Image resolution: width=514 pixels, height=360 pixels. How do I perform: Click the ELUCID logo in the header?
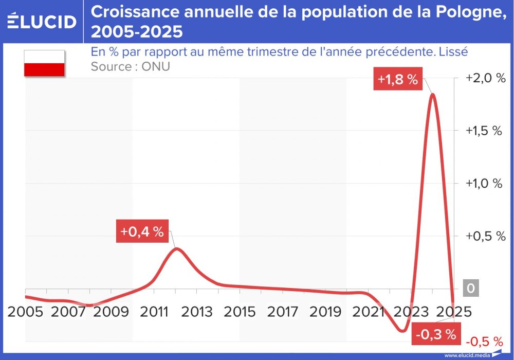tap(42, 22)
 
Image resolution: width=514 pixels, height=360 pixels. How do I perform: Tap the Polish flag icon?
tap(44, 63)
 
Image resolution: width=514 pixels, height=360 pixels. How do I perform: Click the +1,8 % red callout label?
tap(397, 80)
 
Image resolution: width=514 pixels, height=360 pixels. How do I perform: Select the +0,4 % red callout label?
tap(142, 231)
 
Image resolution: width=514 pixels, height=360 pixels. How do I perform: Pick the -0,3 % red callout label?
tap(436, 334)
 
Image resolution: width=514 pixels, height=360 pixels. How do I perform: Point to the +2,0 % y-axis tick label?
tap(485, 78)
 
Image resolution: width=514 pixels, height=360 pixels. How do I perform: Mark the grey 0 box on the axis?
tap(470, 289)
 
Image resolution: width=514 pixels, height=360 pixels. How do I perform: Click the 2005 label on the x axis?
tap(25, 312)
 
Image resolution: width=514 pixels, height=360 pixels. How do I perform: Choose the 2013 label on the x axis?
tap(197, 312)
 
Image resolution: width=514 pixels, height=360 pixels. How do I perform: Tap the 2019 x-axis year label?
tap(325, 312)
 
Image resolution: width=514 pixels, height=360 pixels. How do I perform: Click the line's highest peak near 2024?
tap(432, 95)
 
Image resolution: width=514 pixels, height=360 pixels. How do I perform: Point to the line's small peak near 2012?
tap(176, 249)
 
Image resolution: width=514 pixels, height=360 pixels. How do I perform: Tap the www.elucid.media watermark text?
tap(467, 355)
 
